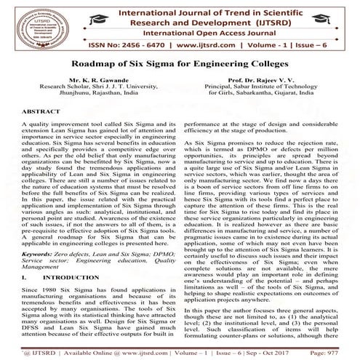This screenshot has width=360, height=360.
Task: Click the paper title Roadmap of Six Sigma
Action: click(x=180, y=76)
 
